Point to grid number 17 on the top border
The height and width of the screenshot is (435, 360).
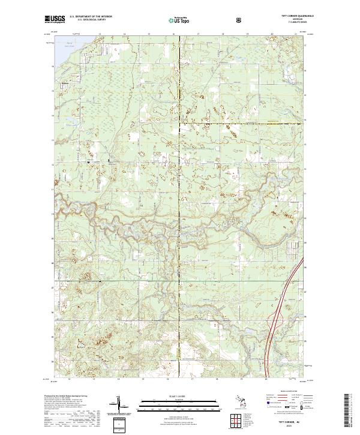click(198, 34)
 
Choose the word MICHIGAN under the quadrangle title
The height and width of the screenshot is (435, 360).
click(291, 20)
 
